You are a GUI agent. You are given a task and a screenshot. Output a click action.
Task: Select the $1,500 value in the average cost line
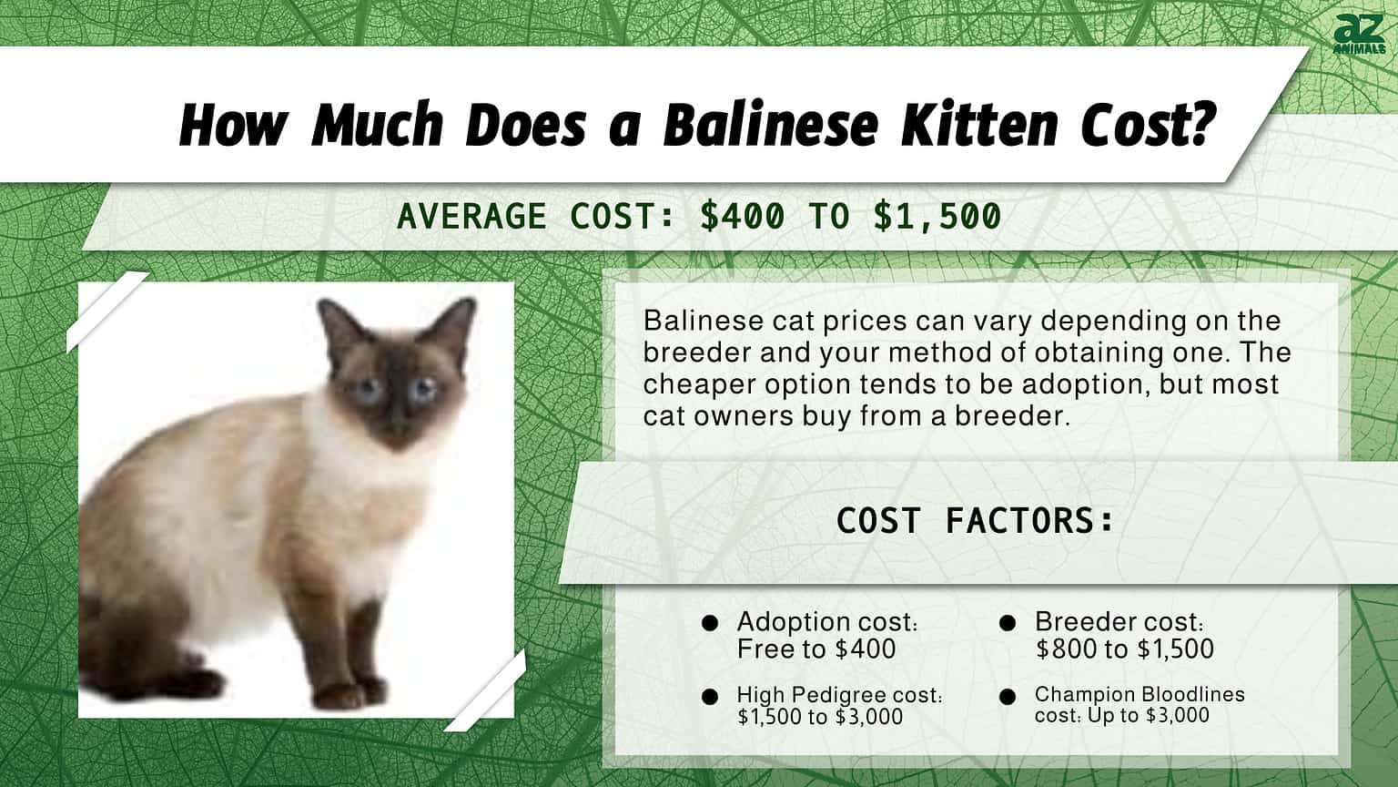pos(937,216)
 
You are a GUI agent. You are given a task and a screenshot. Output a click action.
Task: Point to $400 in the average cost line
pos(743,216)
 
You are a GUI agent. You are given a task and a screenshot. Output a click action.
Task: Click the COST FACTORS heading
pos(975,521)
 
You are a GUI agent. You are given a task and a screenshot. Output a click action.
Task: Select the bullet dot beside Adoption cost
pos(710,623)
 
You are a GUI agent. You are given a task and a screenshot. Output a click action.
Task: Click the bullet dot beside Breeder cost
pos(1008,623)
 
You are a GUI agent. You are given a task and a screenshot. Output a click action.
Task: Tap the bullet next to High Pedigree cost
pos(710,697)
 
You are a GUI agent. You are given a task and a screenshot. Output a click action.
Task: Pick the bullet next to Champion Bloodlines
pos(1008,697)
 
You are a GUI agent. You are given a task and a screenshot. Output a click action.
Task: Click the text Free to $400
pos(816,649)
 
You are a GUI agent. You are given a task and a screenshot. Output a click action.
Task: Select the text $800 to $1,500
pos(1124,649)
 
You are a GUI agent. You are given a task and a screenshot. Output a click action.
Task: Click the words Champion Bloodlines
pos(1140,694)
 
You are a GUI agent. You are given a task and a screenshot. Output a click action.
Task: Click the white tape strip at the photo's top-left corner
pos(107,312)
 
